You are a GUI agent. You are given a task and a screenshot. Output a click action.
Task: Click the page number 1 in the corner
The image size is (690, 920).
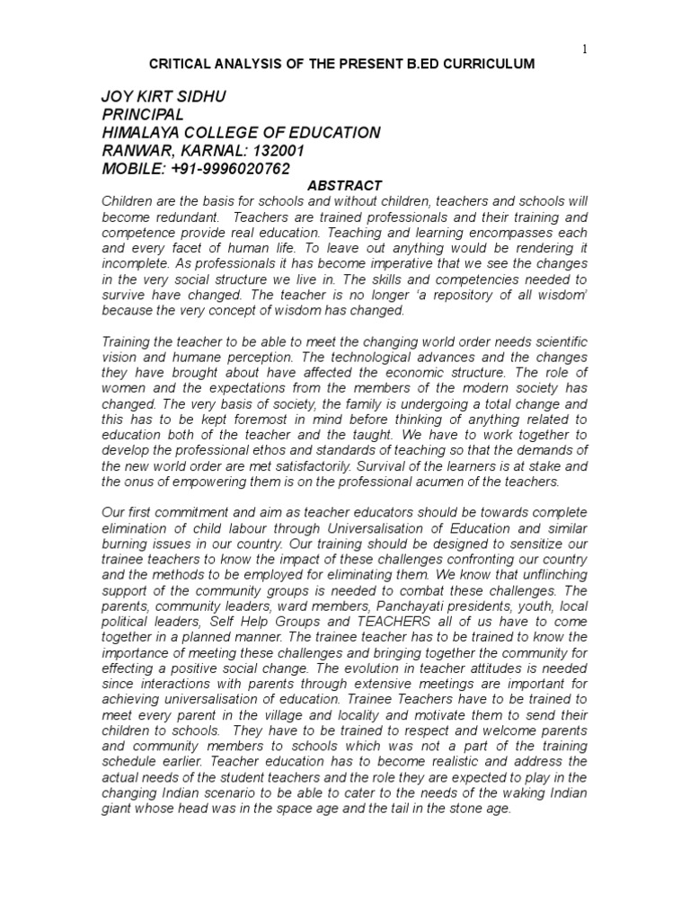click(584, 49)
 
